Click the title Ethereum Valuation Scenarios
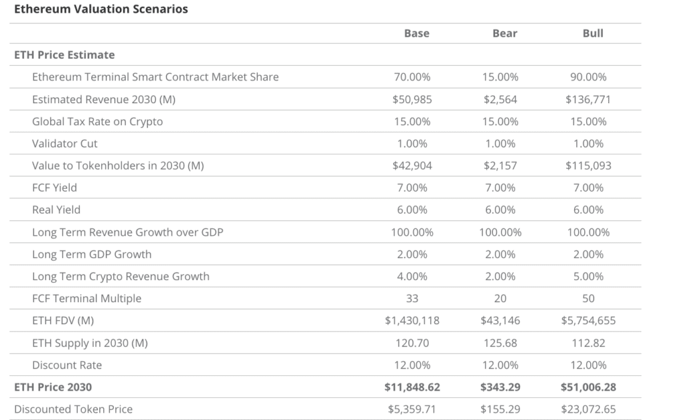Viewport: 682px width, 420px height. (x=101, y=9)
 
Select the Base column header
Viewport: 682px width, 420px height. (x=417, y=33)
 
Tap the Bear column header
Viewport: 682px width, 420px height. (x=505, y=33)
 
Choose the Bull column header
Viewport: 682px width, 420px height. (x=593, y=33)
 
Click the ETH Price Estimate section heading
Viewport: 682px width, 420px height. (x=65, y=55)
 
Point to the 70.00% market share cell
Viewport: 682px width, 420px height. (x=412, y=77)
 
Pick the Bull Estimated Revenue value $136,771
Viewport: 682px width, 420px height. (x=588, y=99)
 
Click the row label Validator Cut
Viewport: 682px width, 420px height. (x=65, y=144)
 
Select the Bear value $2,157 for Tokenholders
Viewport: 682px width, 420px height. (x=500, y=166)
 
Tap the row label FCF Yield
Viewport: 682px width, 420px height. (x=55, y=188)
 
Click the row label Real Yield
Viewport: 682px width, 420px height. (x=56, y=210)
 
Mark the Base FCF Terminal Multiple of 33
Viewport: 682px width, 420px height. (x=412, y=298)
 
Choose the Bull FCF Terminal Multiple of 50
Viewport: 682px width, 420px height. (x=588, y=298)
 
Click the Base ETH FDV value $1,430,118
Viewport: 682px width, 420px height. (x=412, y=321)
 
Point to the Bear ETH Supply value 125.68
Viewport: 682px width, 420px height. (x=500, y=343)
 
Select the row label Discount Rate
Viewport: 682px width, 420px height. (x=67, y=365)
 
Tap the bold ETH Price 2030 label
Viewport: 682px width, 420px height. (x=53, y=387)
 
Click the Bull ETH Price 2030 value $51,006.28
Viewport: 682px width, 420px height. (x=588, y=387)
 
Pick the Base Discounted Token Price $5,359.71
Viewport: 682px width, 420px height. (x=412, y=409)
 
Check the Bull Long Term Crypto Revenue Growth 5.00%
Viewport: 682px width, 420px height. (x=588, y=276)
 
